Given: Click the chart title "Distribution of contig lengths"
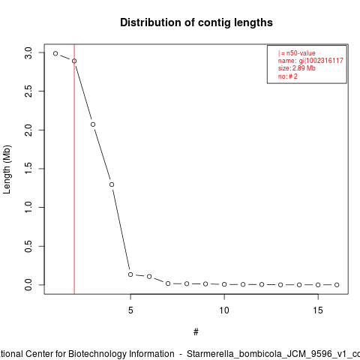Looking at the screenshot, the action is point(196,22).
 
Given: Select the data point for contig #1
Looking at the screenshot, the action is point(55,53).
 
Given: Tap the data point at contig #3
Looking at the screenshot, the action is point(93,124).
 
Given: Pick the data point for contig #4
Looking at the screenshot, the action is point(112,184).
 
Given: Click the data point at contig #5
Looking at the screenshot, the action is point(130,274).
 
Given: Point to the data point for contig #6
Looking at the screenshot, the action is point(149,277).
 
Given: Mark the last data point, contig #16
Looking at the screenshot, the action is point(337,285).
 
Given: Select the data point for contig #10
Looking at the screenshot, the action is point(224,284).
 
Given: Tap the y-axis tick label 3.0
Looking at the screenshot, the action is point(28,52).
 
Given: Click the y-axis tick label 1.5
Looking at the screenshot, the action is point(28,169).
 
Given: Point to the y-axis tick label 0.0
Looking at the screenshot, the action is point(28,285).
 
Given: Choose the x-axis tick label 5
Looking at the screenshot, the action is point(130,310).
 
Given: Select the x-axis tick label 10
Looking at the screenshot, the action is point(224,310).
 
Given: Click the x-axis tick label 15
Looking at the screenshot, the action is point(318,310).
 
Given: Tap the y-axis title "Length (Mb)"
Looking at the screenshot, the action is point(7,169).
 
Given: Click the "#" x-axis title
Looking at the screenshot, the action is point(196,332).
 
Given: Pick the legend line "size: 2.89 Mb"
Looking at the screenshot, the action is point(297,68).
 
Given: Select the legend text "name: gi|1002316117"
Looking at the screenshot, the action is point(310,61).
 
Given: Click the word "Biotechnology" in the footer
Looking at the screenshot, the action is point(121,354).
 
